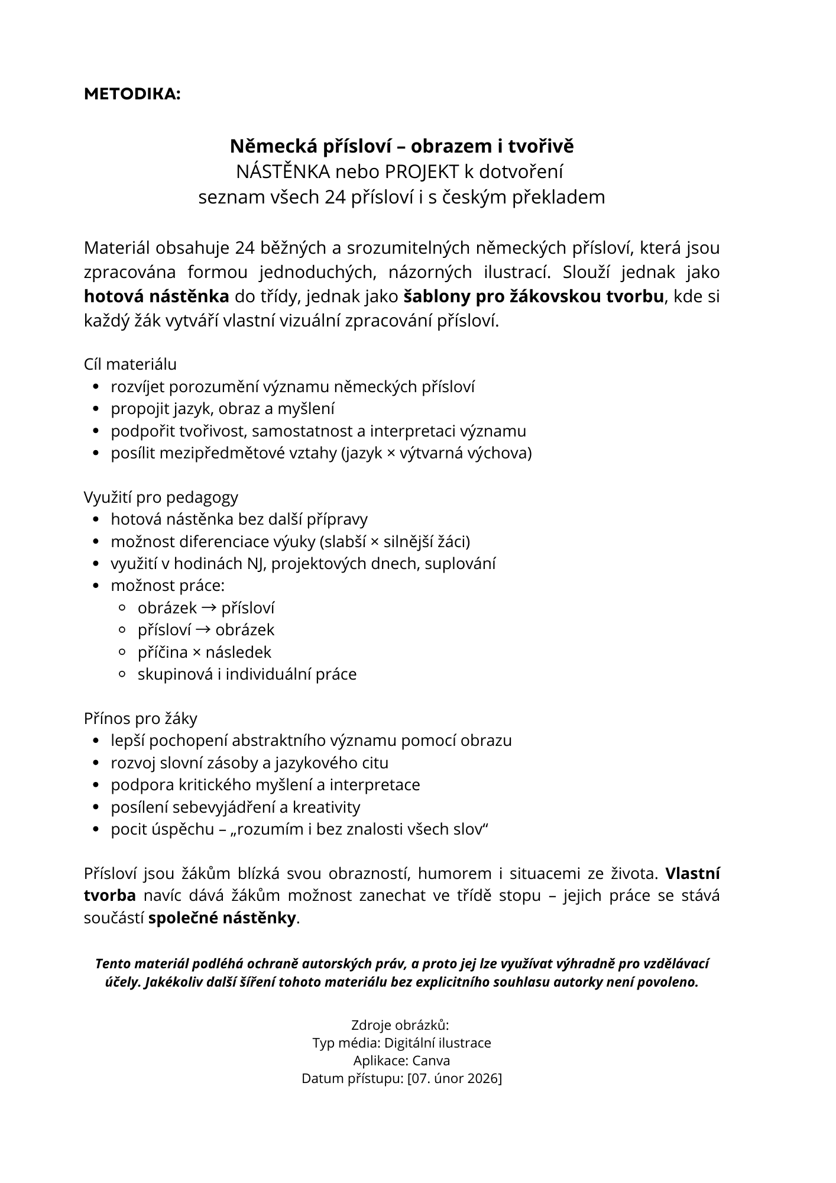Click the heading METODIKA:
tap(132, 94)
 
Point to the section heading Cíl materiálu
tap(130, 364)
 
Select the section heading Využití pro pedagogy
tap(161, 497)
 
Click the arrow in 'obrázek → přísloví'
tap(209, 607)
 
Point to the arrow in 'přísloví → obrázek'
tap(203, 630)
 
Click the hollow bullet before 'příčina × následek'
tap(123, 652)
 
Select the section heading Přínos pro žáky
tap(141, 719)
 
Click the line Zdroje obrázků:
tap(400, 1025)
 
